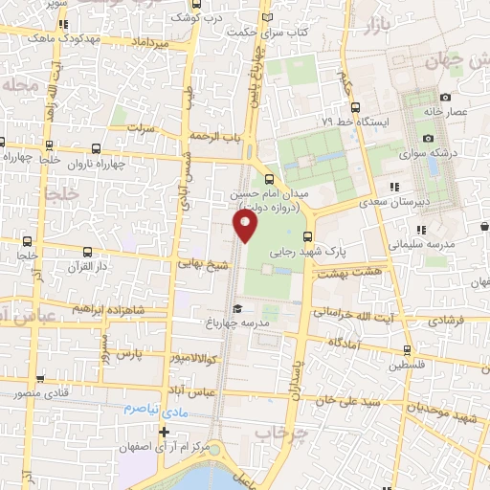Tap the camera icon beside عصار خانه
pos(445,97)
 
